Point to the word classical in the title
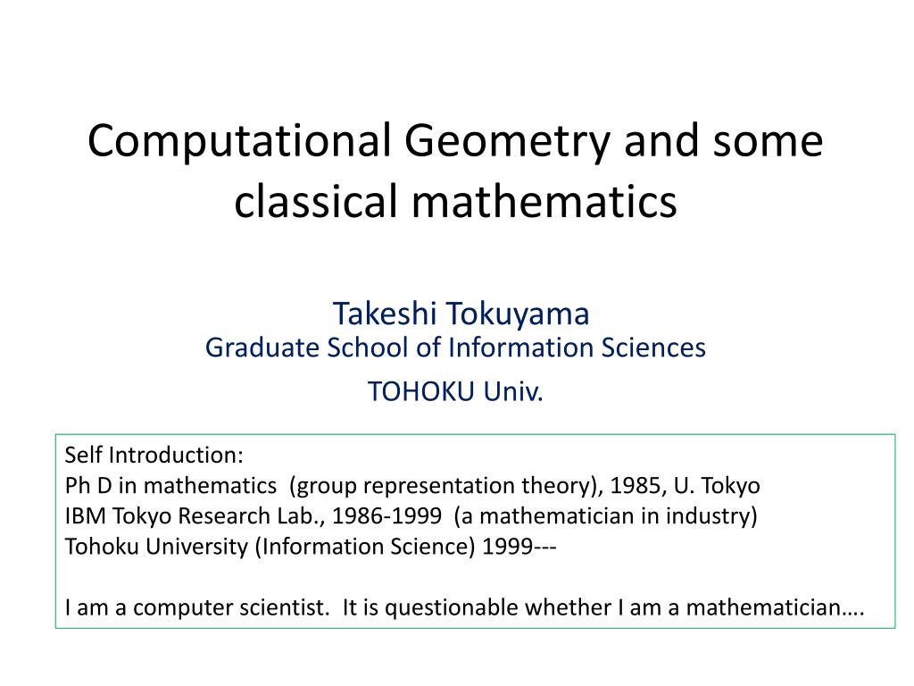tap(314, 201)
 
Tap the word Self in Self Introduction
tap(83, 456)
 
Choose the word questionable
tap(451, 608)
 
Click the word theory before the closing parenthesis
tap(562, 486)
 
